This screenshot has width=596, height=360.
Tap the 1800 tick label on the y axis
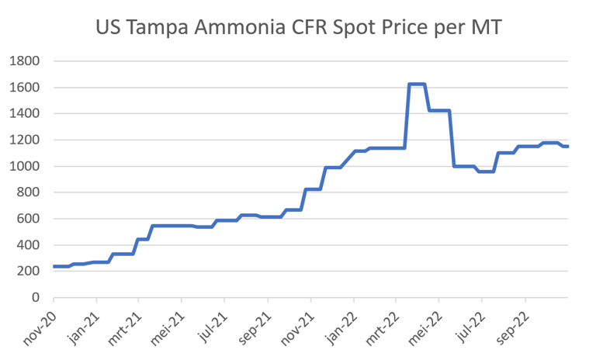tap(25, 61)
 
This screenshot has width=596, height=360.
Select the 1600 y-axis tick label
tap(25, 87)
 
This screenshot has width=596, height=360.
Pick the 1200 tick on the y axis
tap(25, 140)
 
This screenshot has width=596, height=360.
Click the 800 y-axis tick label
tap(29, 192)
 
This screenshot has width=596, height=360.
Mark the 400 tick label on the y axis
tap(29, 245)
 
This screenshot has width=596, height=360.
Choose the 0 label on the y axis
tap(36, 297)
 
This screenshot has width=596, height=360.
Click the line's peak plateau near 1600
tap(417, 84)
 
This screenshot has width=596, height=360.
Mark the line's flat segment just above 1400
tap(439, 110)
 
